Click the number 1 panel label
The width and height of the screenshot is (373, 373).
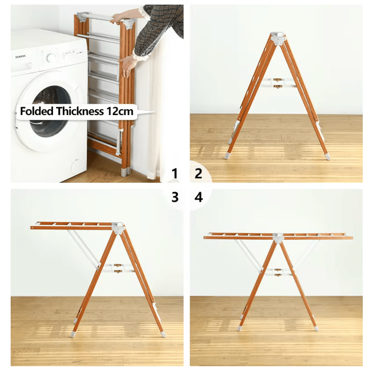click(x=174, y=174)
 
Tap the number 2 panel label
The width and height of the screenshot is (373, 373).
click(x=198, y=174)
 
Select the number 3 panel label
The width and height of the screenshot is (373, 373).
click(x=175, y=197)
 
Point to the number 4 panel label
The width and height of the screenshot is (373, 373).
click(x=198, y=197)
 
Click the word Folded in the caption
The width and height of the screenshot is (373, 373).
click(x=37, y=111)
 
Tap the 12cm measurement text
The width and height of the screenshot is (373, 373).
click(x=120, y=111)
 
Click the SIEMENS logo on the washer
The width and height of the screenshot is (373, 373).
click(x=20, y=57)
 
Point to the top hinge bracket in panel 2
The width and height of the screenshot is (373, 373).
click(x=278, y=38)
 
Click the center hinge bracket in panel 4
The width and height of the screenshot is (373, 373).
click(x=278, y=238)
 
